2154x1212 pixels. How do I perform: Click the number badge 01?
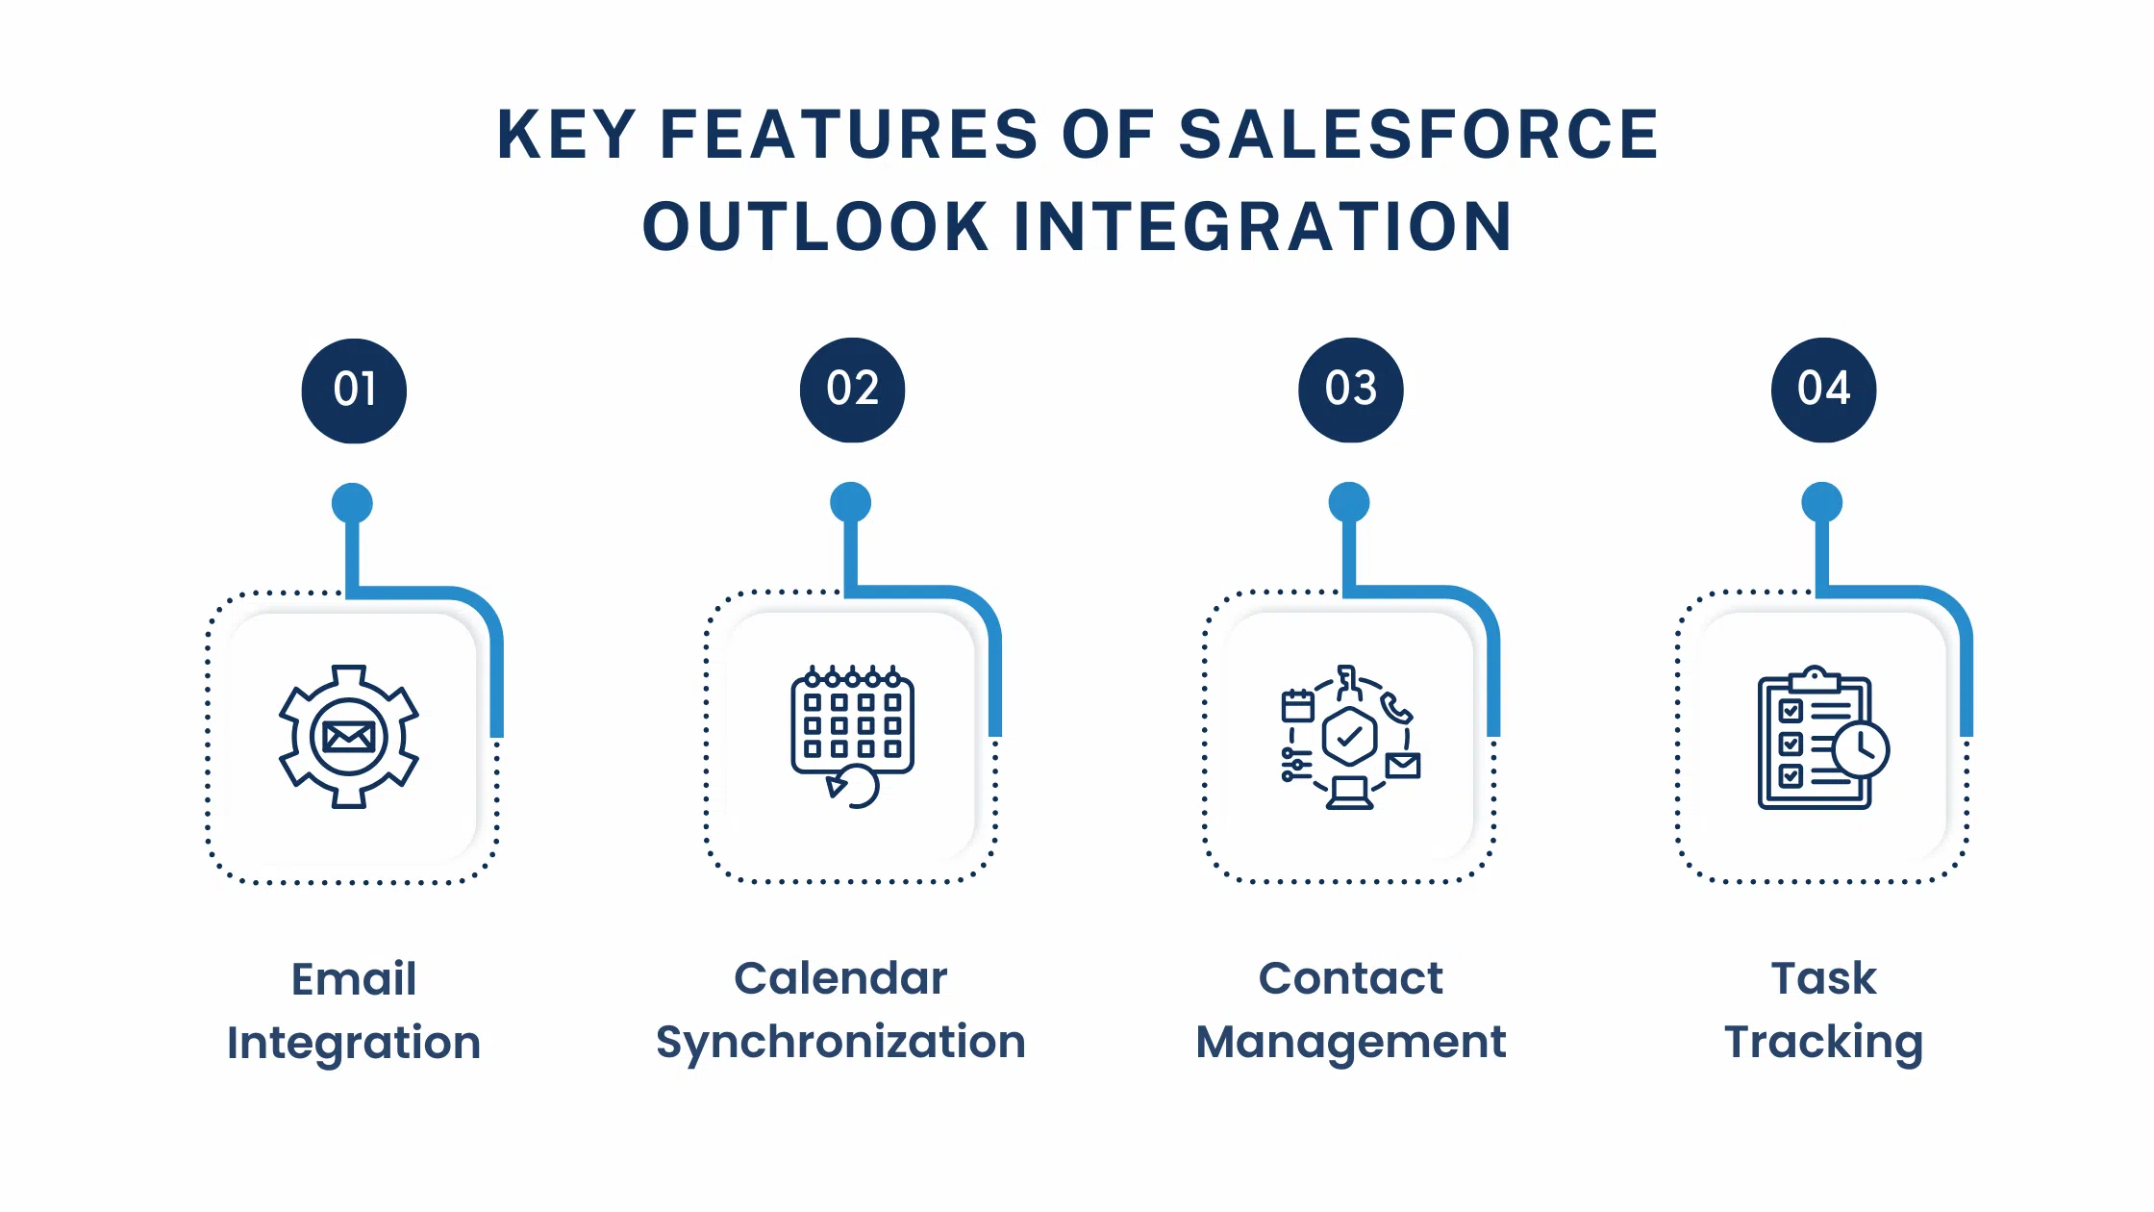pos(354,391)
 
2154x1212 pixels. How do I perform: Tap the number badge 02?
pos(852,390)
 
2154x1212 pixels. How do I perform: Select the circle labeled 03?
pos(1350,390)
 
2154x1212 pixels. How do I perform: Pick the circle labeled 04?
pos(1823,390)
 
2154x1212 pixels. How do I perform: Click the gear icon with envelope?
pos(349,737)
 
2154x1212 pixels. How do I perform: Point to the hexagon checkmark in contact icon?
pos(1349,738)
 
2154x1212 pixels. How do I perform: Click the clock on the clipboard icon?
pos(1861,750)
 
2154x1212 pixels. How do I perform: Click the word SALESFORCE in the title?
pos(1418,135)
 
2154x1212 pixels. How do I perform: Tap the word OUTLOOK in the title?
pos(815,228)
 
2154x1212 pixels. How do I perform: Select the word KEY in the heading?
pos(566,135)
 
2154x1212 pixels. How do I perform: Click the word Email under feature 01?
pos(354,979)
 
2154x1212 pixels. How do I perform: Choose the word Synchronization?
pos(840,1043)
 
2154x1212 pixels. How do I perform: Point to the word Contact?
pos(1350,978)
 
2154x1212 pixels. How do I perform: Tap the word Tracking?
pos(1823,1043)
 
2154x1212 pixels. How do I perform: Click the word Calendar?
pos(840,978)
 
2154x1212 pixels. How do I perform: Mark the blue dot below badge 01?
pos(352,503)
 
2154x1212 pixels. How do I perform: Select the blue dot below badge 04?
pos(1821,502)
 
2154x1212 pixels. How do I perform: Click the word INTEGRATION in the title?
pos(1263,228)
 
